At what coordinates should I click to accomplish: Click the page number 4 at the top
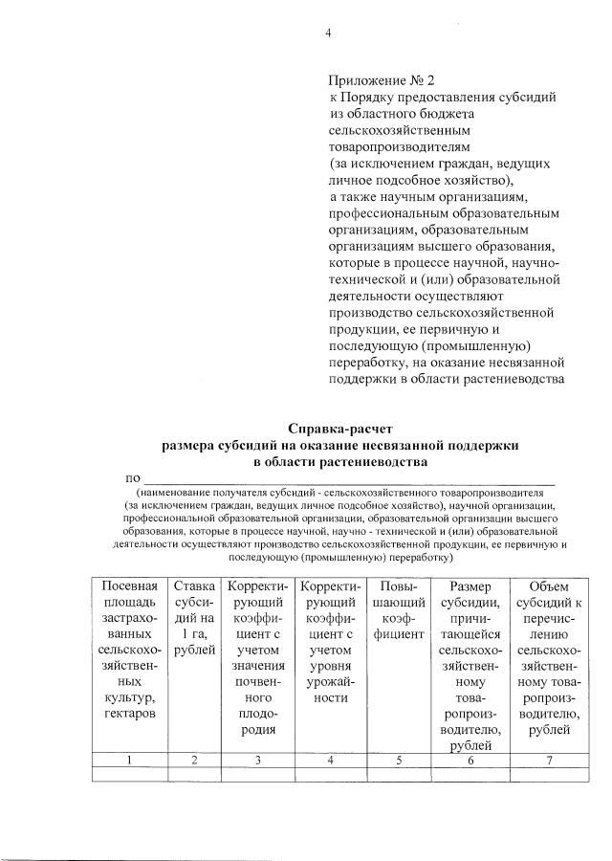point(327,34)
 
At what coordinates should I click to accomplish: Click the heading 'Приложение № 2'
point(381,81)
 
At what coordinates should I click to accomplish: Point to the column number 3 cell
point(256,760)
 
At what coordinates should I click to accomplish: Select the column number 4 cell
point(330,760)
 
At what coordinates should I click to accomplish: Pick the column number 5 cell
point(398,760)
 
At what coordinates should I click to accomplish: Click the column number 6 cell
point(465,760)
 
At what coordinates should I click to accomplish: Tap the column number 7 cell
point(548,760)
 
